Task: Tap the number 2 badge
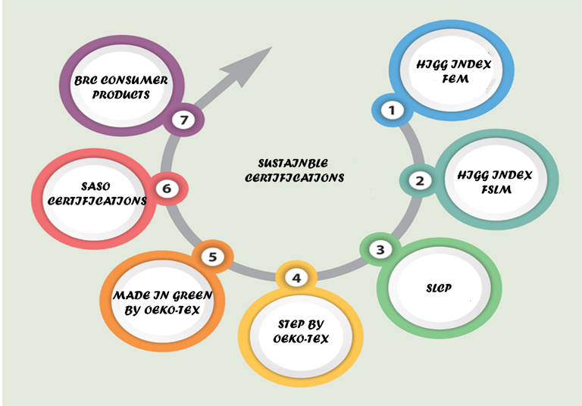pos(418,181)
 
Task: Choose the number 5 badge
pos(212,258)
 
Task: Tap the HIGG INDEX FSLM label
pos(495,183)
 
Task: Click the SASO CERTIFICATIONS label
pos(92,194)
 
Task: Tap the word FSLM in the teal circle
pos(495,190)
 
